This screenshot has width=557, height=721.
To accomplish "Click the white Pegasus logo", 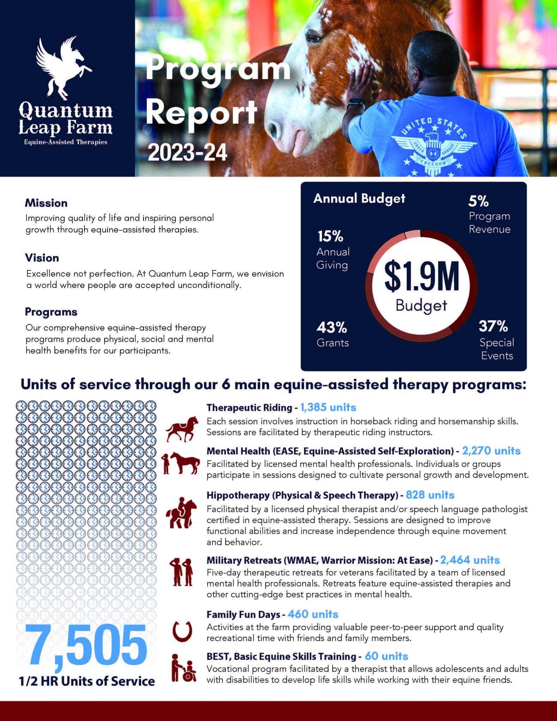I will pyautogui.click(x=63, y=69).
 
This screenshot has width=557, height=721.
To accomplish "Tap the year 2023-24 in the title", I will pyautogui.click(x=187, y=153).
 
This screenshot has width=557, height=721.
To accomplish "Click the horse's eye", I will pyautogui.click(x=313, y=38).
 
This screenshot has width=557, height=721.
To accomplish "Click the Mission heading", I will pyautogui.click(x=46, y=203).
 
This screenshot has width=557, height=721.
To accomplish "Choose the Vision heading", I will pyautogui.click(x=42, y=258).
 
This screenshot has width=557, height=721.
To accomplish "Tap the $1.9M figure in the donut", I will pyautogui.click(x=422, y=277).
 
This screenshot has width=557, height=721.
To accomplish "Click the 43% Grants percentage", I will pyautogui.click(x=331, y=328).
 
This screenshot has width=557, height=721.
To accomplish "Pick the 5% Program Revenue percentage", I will pyautogui.click(x=478, y=201).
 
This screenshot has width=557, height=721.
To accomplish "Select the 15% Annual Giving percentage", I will pyautogui.click(x=330, y=236).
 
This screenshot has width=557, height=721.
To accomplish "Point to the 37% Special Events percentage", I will pyautogui.click(x=493, y=326).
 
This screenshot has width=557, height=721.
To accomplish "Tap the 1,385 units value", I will pyautogui.click(x=328, y=407).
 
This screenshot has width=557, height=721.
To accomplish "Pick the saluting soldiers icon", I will pyautogui.click(x=182, y=572).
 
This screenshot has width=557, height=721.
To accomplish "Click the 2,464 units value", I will pyautogui.click(x=470, y=560).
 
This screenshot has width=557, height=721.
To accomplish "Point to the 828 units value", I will pyautogui.click(x=430, y=495).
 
